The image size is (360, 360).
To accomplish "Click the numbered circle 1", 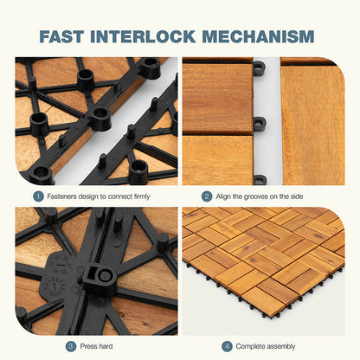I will [x=38, y=196].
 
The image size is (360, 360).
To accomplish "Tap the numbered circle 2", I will [x=206, y=196].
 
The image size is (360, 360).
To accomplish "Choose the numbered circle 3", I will [x=70, y=346].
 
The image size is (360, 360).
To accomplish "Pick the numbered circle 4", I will [x=227, y=346].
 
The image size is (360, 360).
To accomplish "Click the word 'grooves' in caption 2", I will [x=259, y=196].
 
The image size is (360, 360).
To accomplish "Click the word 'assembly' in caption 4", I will [x=282, y=346].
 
